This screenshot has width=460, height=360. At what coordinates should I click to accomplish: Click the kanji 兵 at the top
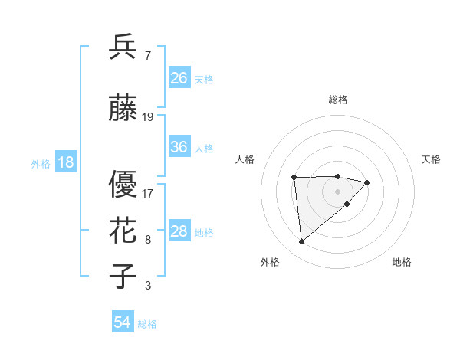123,47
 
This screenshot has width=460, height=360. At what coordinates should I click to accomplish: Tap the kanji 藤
123,108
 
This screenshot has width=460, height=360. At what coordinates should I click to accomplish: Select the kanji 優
123,185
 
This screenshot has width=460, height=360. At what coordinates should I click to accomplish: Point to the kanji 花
123,231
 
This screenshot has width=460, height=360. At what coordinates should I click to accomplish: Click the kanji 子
123,277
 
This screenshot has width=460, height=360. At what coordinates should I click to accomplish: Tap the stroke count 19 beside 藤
148,117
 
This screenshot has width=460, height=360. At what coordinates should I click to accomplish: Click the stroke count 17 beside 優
148,194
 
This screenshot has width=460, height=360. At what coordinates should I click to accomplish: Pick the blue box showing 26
179,78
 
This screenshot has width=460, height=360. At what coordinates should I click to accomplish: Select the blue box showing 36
179,147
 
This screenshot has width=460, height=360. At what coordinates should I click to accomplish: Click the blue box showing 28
179,231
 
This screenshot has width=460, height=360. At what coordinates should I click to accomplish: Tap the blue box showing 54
123,323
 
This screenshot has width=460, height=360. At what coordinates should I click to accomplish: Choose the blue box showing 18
65,162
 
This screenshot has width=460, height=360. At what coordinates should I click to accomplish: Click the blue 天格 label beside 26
204,80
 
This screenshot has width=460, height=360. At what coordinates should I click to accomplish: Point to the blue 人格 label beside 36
204,149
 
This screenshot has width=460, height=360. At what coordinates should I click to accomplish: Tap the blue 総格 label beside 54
147,325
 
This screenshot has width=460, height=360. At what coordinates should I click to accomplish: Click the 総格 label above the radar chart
338,100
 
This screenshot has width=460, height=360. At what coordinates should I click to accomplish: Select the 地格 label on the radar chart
402,263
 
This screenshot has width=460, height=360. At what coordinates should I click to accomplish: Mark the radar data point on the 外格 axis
301,242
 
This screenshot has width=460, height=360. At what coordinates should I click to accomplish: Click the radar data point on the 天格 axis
367,182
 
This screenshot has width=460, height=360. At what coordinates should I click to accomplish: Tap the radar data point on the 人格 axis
294,178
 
